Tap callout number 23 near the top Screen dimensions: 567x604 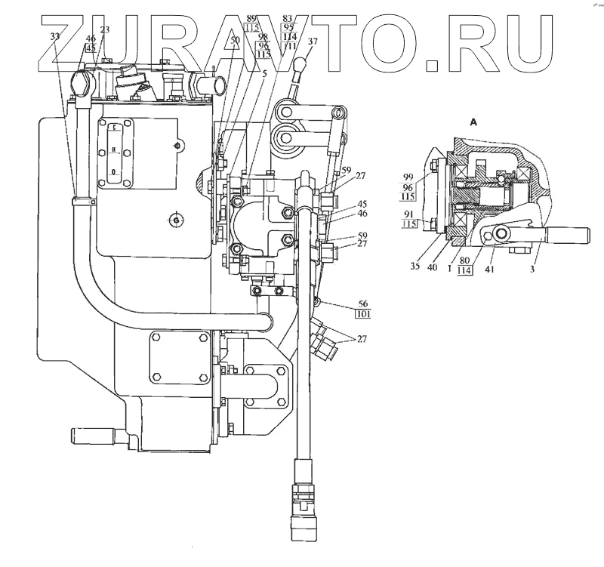point(104,30)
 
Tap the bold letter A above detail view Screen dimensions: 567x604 point(473,121)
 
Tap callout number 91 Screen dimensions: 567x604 point(430,214)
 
